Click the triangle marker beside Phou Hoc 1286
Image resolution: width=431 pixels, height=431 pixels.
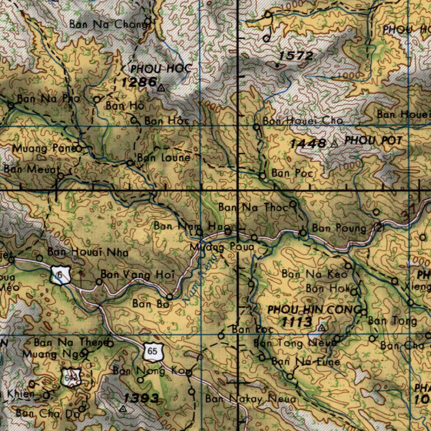tap(161, 88)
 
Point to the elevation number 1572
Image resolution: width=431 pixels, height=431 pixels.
tap(295, 56)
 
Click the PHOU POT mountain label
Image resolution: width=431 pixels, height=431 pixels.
tap(373, 141)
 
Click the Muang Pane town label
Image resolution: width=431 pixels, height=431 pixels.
tap(43, 148)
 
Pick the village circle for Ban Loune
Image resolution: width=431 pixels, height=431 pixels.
tap(130, 162)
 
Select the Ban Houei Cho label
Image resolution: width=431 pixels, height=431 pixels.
tap(303, 121)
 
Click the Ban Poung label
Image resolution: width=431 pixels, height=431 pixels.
tap(339, 229)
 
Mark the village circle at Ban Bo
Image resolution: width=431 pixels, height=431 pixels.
tap(170, 296)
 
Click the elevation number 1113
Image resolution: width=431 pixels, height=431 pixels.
tap(297, 322)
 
